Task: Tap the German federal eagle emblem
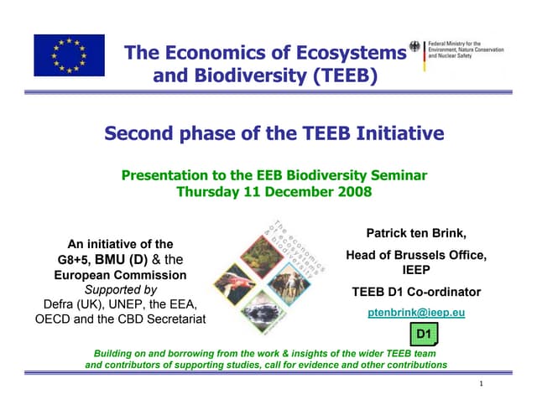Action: pyautogui.click(x=417, y=48)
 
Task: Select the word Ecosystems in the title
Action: pyautogui.click(x=348, y=53)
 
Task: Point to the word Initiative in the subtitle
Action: pyautogui.click(x=399, y=133)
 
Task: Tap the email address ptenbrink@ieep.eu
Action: pyautogui.click(x=416, y=313)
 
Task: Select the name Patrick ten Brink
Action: pyautogui.click(x=416, y=232)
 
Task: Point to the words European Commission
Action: pyautogui.click(x=120, y=275)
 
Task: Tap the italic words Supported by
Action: pyautogui.click(x=120, y=289)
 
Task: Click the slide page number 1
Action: pyautogui.click(x=482, y=384)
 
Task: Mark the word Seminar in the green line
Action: pyautogui.click(x=395, y=175)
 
